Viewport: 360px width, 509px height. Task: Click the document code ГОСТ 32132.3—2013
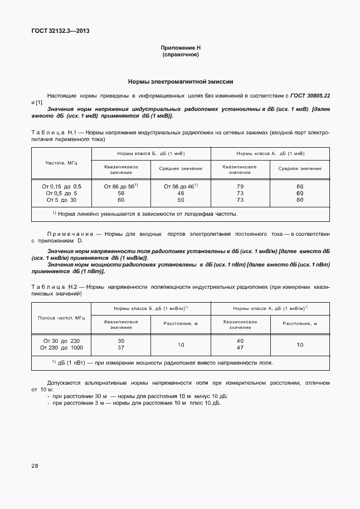(x=60, y=31)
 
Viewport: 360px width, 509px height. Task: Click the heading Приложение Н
(x=180, y=49)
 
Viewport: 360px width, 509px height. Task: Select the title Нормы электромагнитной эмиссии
(x=180, y=81)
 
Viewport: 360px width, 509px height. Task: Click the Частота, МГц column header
(x=61, y=163)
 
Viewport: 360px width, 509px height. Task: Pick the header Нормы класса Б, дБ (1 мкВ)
(x=150, y=153)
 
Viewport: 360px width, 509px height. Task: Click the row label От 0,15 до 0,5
(x=61, y=186)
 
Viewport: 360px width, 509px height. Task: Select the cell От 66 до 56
(x=120, y=186)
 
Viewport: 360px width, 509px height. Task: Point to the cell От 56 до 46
(x=181, y=186)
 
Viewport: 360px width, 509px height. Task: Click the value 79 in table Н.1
(x=240, y=186)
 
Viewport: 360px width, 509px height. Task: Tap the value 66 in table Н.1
(x=300, y=186)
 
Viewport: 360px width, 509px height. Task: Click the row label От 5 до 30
(x=61, y=199)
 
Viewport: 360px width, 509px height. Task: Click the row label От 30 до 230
(x=61, y=341)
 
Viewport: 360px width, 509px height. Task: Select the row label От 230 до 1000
(x=61, y=348)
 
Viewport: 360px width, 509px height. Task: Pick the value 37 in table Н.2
(x=121, y=348)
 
